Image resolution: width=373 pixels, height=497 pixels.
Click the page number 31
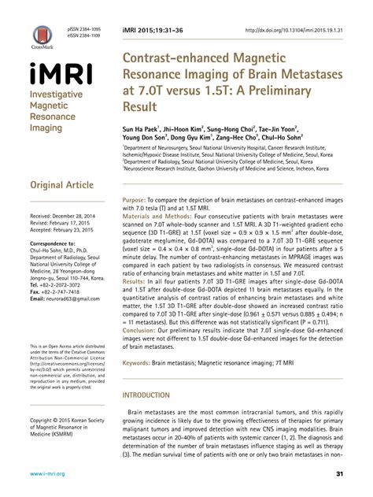pyautogui.click(x=340, y=474)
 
